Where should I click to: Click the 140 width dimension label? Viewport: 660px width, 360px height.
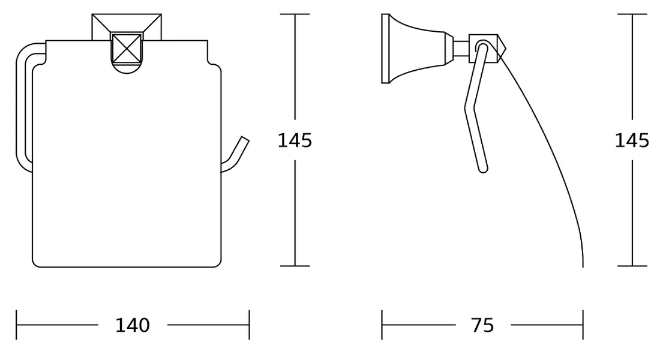132,325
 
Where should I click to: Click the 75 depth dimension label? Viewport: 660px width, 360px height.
482,325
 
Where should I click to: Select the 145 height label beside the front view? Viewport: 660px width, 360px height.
295,140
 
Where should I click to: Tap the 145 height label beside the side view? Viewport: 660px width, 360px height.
632,140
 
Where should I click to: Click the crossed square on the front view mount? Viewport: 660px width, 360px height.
127,48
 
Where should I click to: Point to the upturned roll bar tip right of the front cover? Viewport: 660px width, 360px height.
244,139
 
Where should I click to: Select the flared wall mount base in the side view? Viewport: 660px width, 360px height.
417,49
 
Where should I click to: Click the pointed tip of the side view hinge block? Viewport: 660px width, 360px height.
506,49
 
